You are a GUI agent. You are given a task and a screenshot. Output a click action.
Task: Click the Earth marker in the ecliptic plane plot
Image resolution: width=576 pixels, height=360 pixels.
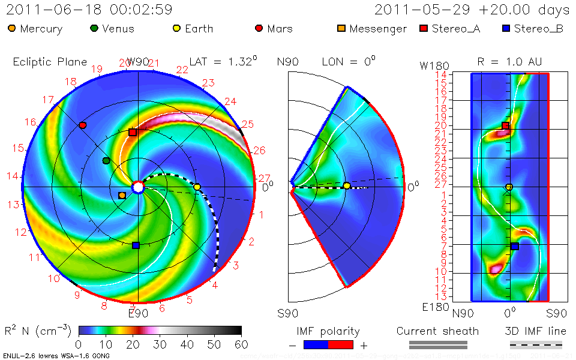coord(197,187)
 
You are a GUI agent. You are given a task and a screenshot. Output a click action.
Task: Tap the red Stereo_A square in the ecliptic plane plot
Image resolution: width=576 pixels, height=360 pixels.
coord(133,132)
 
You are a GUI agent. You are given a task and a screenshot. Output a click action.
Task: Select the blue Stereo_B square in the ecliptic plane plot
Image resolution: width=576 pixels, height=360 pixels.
coord(136,245)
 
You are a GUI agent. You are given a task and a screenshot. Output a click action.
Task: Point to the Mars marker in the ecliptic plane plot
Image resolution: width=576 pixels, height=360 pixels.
coord(83,125)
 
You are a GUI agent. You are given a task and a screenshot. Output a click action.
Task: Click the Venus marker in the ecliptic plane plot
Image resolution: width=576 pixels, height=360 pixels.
coord(106,160)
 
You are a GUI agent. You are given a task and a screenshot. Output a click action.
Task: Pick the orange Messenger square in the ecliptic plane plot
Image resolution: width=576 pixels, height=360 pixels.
coord(122,195)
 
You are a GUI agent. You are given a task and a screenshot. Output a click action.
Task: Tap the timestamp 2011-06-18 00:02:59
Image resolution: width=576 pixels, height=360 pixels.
coord(89,10)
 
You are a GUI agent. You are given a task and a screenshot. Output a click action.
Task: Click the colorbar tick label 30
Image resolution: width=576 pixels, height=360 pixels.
coord(160,344)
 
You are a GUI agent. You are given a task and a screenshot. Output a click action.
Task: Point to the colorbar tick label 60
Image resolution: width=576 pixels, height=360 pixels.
coord(241,344)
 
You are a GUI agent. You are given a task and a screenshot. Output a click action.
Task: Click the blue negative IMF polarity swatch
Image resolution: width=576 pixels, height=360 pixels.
coord(316,345)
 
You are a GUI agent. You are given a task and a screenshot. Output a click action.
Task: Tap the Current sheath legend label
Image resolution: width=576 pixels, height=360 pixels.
coord(437,331)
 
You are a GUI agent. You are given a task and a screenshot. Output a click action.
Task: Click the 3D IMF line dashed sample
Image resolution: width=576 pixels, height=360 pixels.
coord(536,345)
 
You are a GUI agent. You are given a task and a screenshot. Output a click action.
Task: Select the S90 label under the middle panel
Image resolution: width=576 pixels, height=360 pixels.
coord(287,313)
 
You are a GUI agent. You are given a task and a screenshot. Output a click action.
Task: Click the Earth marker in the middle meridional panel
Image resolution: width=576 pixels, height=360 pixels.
coord(347,185)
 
